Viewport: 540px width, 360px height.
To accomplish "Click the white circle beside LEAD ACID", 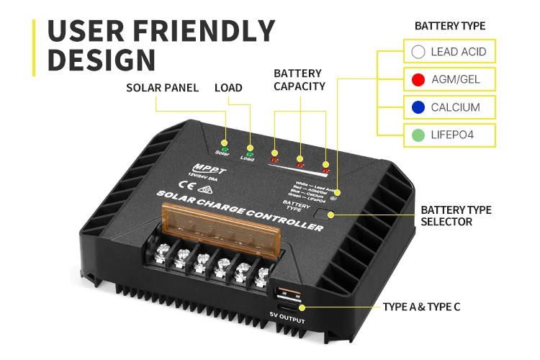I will pos(418,52).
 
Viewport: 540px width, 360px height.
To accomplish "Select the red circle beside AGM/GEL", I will pos(418,79).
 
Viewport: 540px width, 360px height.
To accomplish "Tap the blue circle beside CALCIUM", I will pos(418,107).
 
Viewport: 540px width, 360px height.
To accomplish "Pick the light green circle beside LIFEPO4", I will pos(418,134).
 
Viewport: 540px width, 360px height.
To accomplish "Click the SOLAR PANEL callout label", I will pos(162,88).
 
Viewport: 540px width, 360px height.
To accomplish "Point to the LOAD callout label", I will pos(228,88).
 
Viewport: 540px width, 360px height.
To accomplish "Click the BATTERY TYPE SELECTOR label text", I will pos(456,216).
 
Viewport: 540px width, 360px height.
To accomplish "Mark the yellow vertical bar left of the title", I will pos(33,47).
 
